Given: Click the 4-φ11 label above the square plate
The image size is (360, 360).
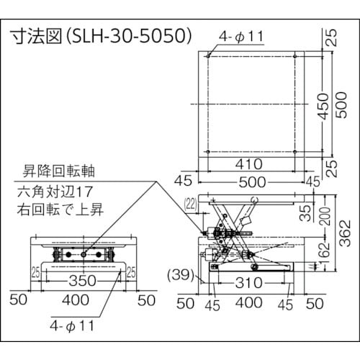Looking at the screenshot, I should (242, 35).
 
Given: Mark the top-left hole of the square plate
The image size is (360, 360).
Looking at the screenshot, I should (208, 55).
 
